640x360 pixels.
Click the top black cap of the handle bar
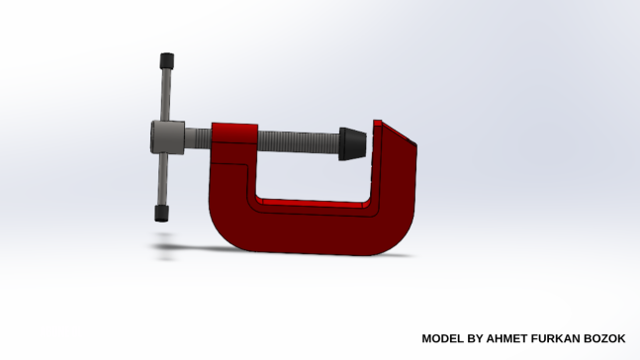click(x=166, y=60)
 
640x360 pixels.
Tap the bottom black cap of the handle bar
click(x=161, y=214)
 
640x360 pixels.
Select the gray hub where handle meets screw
click(x=168, y=137)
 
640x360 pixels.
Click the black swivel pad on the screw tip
click(x=352, y=143)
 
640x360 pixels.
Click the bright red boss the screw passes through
click(x=234, y=134)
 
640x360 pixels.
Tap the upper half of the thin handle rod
click(x=165, y=94)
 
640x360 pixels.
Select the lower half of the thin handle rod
click(x=163, y=180)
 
